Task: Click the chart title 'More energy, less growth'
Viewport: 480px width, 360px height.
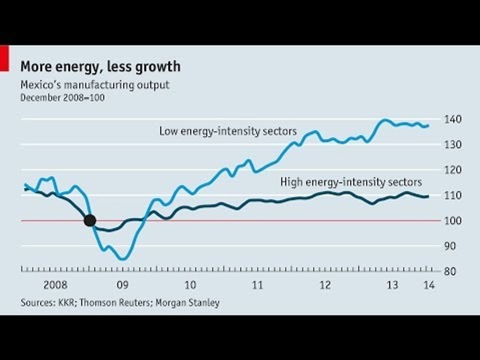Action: click(100, 66)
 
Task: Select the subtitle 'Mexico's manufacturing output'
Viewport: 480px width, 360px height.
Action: click(95, 85)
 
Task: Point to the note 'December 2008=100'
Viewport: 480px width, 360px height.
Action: click(62, 97)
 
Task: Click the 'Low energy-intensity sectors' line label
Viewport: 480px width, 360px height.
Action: click(228, 131)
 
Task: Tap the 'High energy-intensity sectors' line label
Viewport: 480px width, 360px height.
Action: click(351, 182)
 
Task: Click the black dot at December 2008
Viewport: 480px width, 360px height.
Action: click(89, 220)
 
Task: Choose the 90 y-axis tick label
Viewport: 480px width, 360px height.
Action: click(449, 246)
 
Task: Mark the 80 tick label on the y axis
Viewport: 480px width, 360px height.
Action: click(449, 271)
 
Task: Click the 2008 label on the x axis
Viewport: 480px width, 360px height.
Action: click(55, 285)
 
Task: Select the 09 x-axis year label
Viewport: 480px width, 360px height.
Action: click(123, 285)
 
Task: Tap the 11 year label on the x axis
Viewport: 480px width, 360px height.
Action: click(257, 285)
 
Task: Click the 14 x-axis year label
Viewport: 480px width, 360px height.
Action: click(429, 285)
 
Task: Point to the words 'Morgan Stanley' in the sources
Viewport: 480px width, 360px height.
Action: click(187, 303)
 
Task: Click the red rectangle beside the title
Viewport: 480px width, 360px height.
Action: click(4, 58)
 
